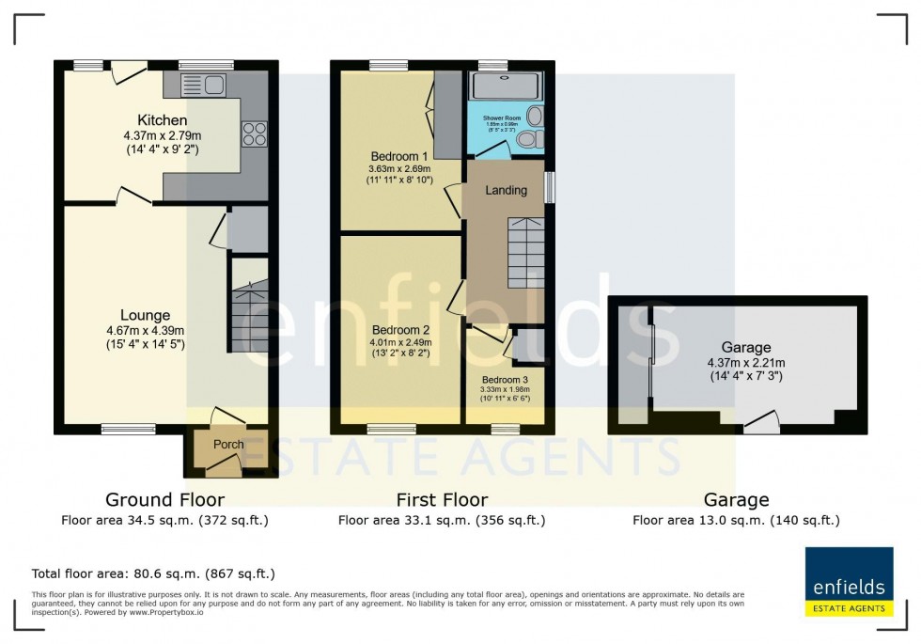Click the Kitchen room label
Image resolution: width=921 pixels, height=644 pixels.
[163, 120]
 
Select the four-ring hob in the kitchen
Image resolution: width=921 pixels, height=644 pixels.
[254, 134]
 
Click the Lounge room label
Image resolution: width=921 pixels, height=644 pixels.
[145, 315]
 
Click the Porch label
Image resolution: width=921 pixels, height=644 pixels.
[228, 445]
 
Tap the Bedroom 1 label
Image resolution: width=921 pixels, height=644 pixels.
[399, 156]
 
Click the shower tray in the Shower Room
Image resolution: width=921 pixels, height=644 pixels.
[506, 86]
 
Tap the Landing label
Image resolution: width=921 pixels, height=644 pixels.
[506, 190]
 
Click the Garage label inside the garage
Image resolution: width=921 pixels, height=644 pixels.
[745, 347]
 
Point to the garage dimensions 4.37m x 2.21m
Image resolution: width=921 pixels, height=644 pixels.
[745, 362]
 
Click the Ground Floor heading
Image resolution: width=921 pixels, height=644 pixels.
[164, 500]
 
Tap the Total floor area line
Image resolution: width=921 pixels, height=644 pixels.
[153, 573]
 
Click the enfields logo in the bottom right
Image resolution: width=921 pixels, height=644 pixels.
[849, 580]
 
